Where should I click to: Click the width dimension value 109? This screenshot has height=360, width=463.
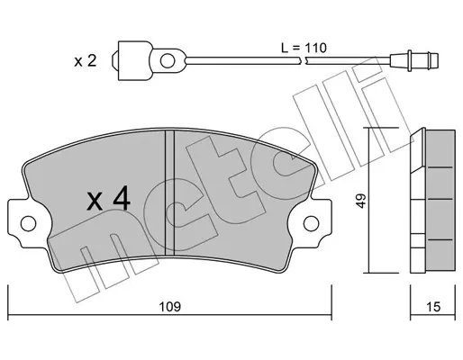(170, 307)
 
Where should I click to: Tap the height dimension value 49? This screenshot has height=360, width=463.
(361, 201)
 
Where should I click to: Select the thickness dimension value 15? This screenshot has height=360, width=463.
(433, 307)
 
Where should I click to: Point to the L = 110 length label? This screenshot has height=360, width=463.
(304, 48)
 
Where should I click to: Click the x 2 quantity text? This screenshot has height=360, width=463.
(86, 61)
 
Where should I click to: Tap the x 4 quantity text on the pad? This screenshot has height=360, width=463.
(108, 198)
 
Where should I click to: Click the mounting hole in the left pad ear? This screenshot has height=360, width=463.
(29, 223)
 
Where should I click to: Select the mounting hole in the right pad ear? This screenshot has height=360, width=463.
(311, 223)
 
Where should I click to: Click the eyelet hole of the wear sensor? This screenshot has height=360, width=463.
(168, 61)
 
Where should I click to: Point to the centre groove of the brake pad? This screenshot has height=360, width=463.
(170, 193)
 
